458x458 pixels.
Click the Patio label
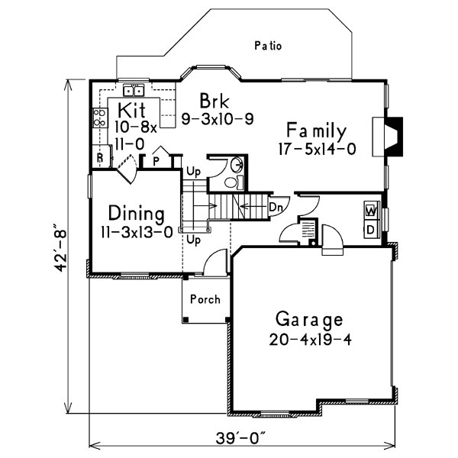coord(268,46)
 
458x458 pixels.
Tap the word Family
coord(317,131)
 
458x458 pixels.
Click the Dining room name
coord(137,213)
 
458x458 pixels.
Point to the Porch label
coord(205,299)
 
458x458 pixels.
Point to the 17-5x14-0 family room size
coord(317,150)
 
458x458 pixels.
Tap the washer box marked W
coord(370,210)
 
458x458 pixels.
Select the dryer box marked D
coord(370,228)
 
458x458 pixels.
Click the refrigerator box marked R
coord(100,158)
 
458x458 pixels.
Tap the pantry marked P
coord(155,161)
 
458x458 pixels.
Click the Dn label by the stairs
coord(275,206)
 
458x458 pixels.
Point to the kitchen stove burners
coord(99,118)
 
